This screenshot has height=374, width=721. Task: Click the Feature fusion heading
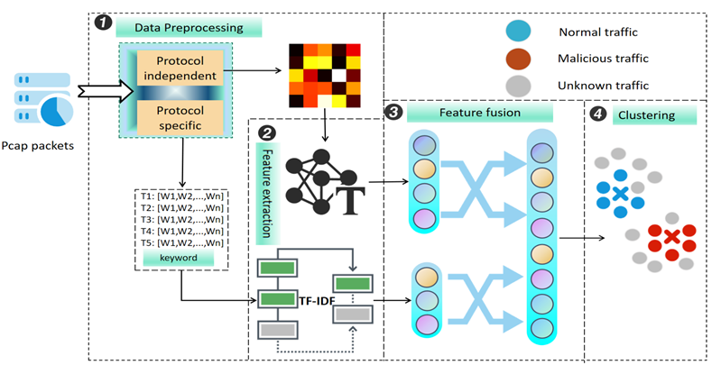[479, 113]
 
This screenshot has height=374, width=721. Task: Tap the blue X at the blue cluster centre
[619, 193]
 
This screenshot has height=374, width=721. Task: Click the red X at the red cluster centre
[672, 237]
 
